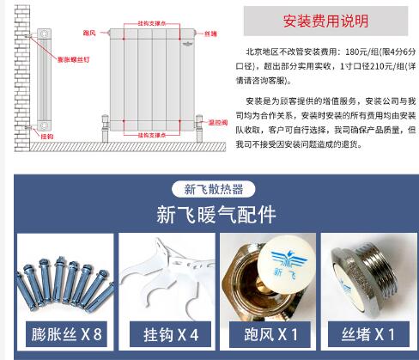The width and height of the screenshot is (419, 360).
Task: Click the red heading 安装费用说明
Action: click(325, 21)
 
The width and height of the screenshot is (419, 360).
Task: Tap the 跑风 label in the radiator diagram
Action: click(89, 33)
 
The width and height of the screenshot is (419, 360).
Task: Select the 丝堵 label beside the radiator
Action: click(210, 34)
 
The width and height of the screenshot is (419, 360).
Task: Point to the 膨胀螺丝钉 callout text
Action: click(74, 59)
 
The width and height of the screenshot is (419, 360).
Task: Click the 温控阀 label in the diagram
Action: click(218, 123)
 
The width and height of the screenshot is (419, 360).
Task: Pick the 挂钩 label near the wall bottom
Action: click(47, 137)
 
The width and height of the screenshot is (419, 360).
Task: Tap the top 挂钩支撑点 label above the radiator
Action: click(152, 23)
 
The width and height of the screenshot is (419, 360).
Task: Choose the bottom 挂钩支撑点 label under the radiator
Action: click(152, 135)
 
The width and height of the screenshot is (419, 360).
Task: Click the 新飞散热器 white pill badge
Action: click(214, 189)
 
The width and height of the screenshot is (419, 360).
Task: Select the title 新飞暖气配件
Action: click(216, 215)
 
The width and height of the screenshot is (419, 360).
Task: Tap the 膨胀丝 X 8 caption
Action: click(66, 334)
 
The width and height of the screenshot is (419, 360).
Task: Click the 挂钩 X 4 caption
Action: click(171, 334)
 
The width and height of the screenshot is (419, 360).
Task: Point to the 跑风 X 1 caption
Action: click(270, 334)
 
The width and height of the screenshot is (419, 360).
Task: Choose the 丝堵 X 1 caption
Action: click(368, 334)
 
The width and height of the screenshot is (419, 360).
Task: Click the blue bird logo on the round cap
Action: click(289, 259)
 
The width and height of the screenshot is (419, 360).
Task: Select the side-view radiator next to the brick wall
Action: click(44, 80)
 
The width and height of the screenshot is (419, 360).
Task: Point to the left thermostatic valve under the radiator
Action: click(106, 128)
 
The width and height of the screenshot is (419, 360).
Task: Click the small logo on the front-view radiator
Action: click(187, 44)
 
